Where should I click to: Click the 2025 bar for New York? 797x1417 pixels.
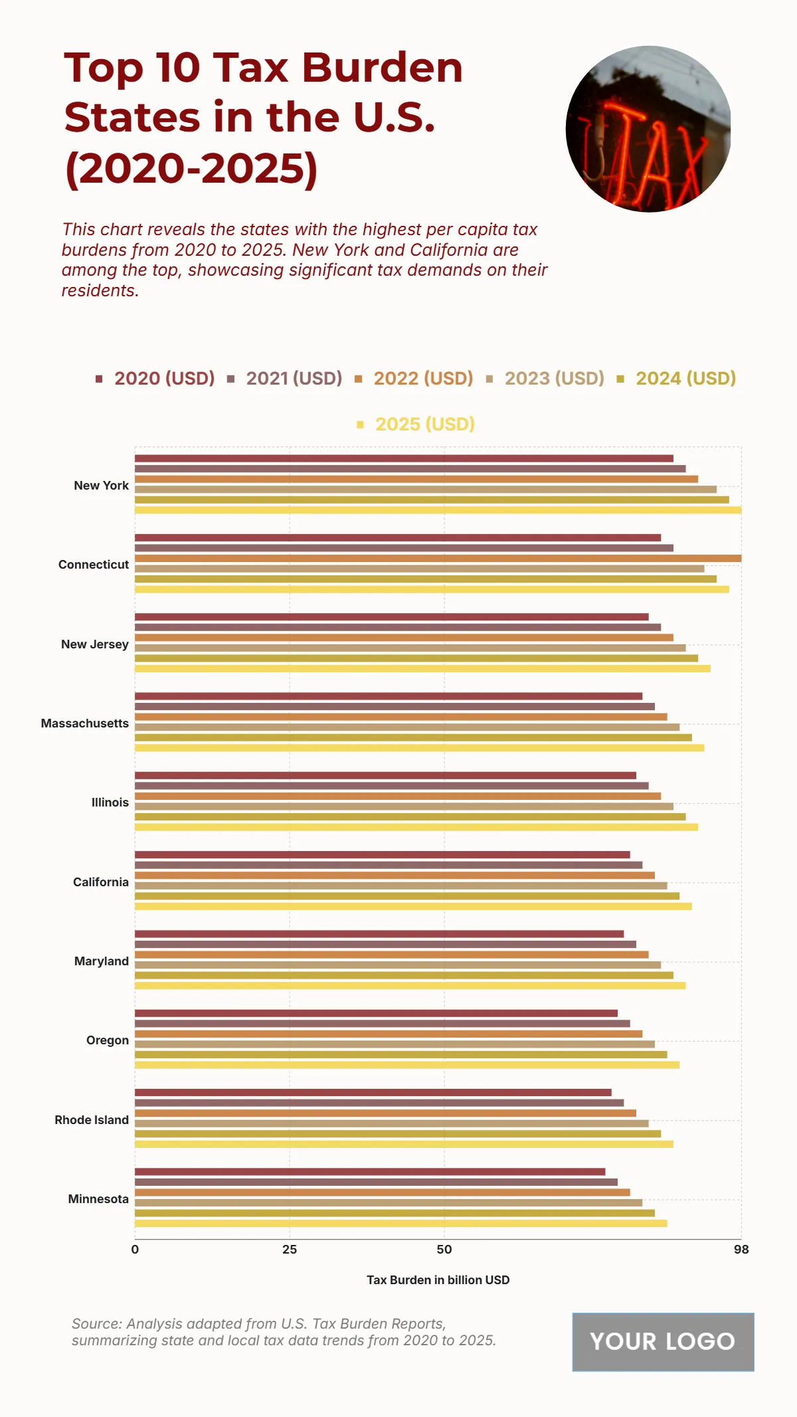tap(438, 510)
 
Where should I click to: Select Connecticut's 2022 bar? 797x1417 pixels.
tap(438, 558)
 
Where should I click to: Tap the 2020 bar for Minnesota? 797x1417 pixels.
tap(370, 1172)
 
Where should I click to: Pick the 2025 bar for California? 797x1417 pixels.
tap(413, 906)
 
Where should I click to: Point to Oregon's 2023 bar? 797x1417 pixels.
tap(395, 1044)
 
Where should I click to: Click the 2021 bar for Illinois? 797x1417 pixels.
tap(391, 786)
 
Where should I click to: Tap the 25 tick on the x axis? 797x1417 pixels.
tap(290, 1250)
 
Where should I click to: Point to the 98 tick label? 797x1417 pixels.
tap(741, 1250)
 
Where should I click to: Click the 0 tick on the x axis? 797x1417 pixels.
tap(135, 1250)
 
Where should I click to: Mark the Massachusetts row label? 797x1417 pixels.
tap(85, 723)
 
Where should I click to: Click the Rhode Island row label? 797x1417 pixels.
tap(92, 1120)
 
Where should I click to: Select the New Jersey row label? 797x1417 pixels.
tap(95, 644)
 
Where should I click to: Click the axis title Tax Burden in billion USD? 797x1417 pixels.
tap(438, 1280)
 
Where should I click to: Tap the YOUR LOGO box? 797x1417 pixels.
tap(663, 1342)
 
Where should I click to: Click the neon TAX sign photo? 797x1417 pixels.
tap(648, 130)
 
